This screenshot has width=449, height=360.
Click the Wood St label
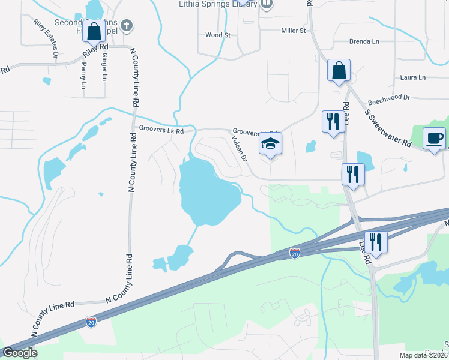[218, 35]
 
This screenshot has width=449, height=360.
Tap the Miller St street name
[294, 31]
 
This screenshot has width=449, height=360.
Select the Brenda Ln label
[364, 41]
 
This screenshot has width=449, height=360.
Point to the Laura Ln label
[412, 77]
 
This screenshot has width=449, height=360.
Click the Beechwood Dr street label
[388, 97]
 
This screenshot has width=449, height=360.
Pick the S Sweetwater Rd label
[388, 126]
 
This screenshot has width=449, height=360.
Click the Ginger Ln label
[104, 67]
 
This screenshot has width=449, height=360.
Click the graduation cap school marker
[270, 144]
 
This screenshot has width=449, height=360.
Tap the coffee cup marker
[435, 139]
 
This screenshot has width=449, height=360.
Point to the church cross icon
[125, 26]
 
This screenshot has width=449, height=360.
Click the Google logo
[20, 353]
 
